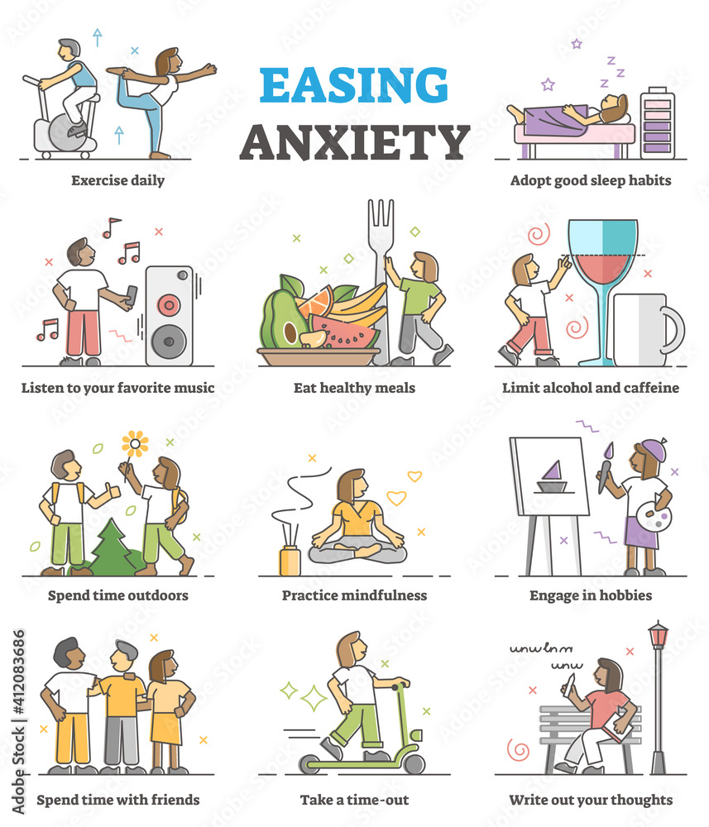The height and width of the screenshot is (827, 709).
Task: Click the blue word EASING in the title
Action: click(353, 84)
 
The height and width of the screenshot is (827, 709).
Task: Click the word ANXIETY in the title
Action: click(354, 142)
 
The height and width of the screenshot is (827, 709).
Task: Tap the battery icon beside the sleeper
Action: click(658, 123)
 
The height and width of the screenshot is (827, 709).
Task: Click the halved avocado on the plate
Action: click(284, 322)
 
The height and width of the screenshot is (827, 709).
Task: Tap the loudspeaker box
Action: click(170, 315)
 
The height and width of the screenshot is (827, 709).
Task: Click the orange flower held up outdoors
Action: click(135, 444)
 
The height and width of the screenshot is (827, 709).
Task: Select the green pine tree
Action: click(113, 547)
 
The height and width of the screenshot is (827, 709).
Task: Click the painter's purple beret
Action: click(654, 449)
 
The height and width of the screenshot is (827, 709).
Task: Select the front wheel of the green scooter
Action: click(414, 763)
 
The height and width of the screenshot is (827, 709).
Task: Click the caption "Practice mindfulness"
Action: click(354, 595)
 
